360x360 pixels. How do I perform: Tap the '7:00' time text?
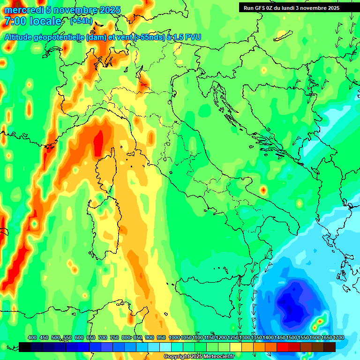click(x=15, y=21)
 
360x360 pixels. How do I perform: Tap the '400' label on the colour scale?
click(x=32, y=337)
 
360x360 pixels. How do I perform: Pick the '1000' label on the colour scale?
click(x=174, y=337)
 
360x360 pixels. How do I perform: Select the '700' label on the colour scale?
click(x=102, y=337)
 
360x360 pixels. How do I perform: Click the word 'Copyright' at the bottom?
click(x=176, y=357)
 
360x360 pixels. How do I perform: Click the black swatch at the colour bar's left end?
click(x=25, y=347)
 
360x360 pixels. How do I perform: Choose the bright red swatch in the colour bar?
click(x=283, y=347)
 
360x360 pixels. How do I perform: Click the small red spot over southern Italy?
click(x=263, y=190)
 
